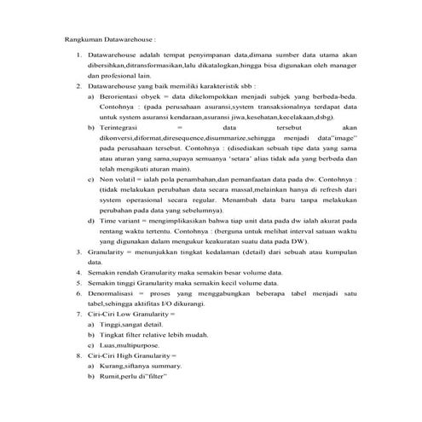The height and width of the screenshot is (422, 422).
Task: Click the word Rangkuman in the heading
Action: [x=84, y=39]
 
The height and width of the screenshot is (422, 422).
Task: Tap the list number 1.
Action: [x=80, y=55]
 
